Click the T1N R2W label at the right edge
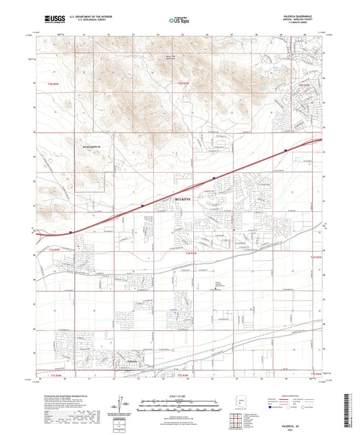click(315, 258)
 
